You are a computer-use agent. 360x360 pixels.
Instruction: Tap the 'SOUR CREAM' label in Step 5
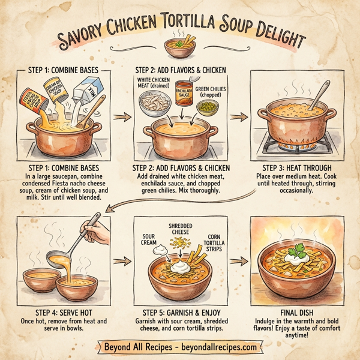[x=150, y=239]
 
